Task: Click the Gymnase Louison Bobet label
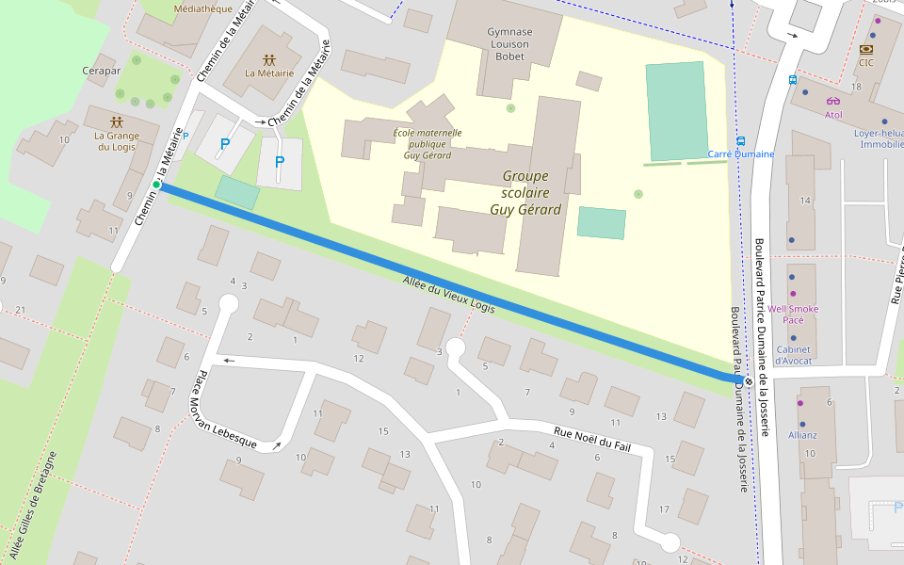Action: [x=508, y=44]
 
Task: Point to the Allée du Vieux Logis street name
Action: [x=448, y=295]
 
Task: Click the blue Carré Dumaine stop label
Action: [x=741, y=154]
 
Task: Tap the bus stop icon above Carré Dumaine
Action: [x=741, y=139]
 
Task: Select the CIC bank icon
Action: [x=865, y=48]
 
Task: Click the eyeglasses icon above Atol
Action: [x=832, y=101]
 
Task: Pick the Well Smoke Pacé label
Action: [x=793, y=314]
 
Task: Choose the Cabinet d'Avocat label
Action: [x=793, y=354]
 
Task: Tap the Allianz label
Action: [x=803, y=435]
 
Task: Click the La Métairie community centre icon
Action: [x=269, y=58]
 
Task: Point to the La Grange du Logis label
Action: [x=117, y=141]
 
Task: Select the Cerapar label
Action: [x=101, y=71]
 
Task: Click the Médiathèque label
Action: [x=203, y=8]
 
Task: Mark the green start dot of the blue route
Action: [x=156, y=185]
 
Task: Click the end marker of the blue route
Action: [x=748, y=381]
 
